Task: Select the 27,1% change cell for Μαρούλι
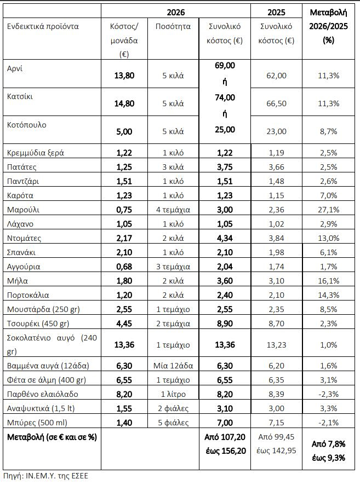tap(329, 210)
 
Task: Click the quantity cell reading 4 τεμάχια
tap(173, 210)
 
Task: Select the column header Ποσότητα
tap(173, 26)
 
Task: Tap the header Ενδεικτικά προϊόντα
tap(43, 26)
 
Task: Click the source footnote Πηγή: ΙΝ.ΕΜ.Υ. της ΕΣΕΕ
tap(45, 475)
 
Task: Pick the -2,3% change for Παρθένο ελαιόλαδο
tap(329, 394)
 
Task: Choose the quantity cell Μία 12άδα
tap(173, 365)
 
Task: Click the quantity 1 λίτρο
tap(173, 394)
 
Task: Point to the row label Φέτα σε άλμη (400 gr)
tap(43, 379)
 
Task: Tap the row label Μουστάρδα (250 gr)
tap(43, 309)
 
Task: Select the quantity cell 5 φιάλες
tap(173, 422)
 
